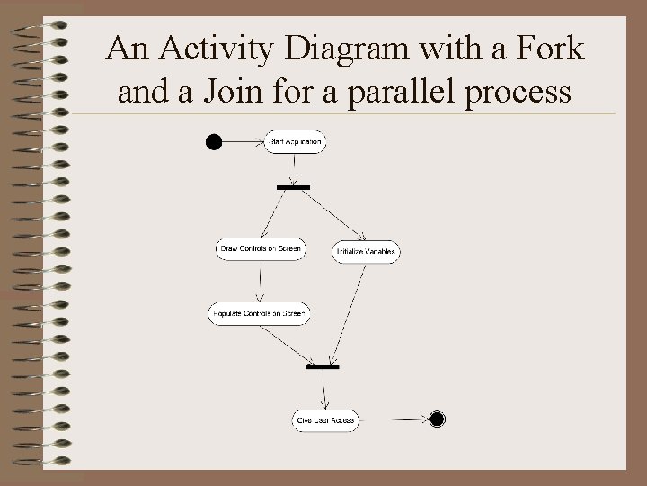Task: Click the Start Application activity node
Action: click(x=296, y=142)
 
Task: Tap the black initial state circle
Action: click(x=214, y=141)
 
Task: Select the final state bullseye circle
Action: click(x=438, y=418)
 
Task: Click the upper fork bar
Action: click(x=293, y=187)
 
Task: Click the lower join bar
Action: click(x=323, y=367)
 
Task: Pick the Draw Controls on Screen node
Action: click(x=261, y=248)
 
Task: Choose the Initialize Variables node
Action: click(x=366, y=252)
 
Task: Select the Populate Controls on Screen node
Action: click(x=259, y=314)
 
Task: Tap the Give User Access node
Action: click(x=325, y=419)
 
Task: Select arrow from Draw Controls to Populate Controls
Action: click(x=261, y=281)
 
